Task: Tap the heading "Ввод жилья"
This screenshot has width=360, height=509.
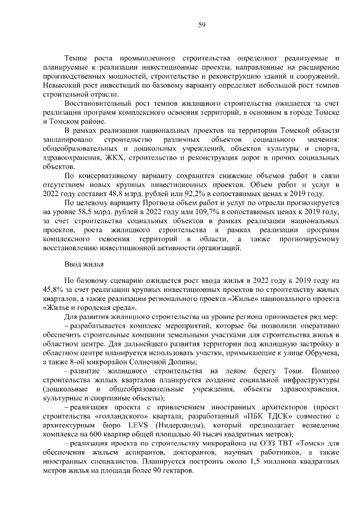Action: tap(83, 263)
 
